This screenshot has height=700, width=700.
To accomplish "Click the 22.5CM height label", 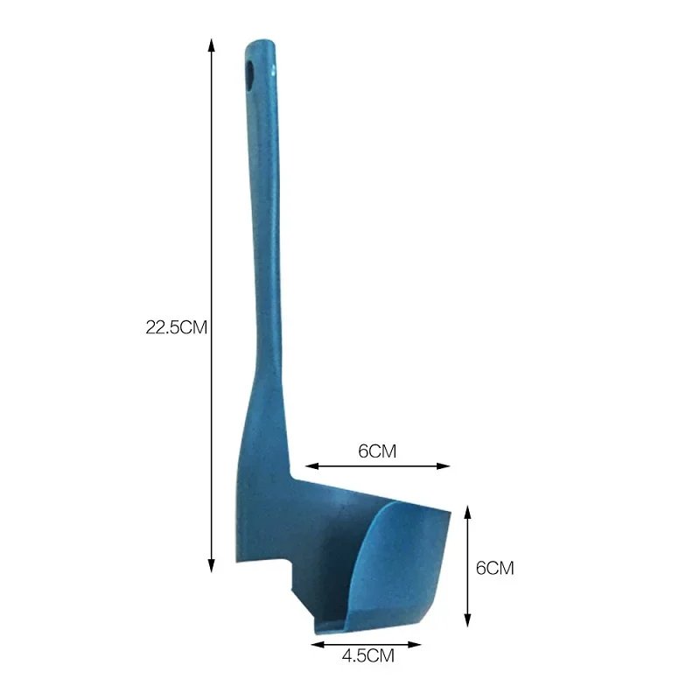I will point(176,328).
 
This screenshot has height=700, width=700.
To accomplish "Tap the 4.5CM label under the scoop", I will point(367,654).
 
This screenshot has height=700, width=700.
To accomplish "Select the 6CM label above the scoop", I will point(378,451).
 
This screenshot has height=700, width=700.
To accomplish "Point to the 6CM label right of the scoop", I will point(494,567).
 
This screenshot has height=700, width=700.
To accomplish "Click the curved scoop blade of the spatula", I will point(402,560).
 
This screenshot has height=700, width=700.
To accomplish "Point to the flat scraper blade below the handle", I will point(262,490).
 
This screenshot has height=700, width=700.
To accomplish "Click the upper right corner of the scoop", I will point(448,512).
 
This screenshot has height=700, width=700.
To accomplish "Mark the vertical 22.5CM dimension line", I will point(211,219).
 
